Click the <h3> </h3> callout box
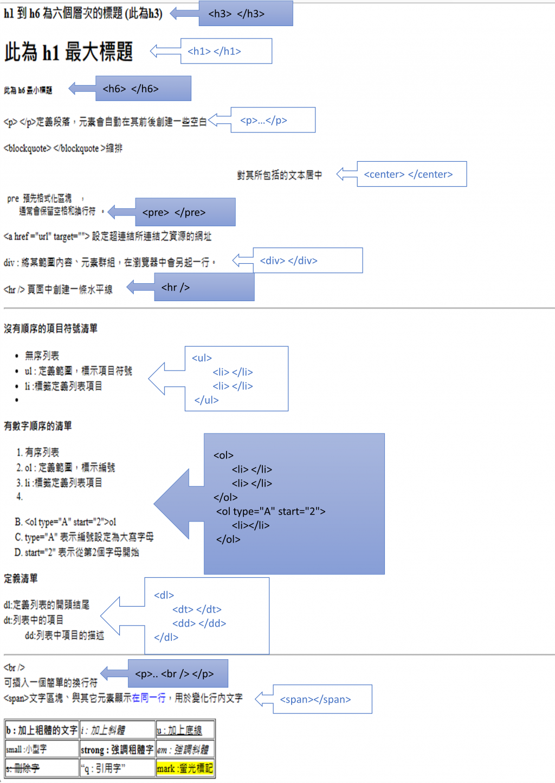[x=246, y=14]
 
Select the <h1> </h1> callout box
[x=226, y=51]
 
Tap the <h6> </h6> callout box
[x=143, y=88]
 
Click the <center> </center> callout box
[x=411, y=174]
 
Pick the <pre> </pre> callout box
[x=185, y=212]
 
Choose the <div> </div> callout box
[x=307, y=260]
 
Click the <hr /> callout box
[x=204, y=287]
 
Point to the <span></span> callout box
[x=322, y=699]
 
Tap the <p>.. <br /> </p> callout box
[x=178, y=674]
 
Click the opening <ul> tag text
[x=202, y=358]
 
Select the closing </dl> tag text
[x=166, y=637]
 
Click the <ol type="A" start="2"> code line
[x=270, y=511]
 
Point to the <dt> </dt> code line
[x=197, y=609]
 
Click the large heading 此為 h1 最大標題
[x=69, y=52]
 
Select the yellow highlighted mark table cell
[x=185, y=768]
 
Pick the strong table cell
[x=117, y=750]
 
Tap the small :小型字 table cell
[x=42, y=749]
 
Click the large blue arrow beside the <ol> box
[x=173, y=504]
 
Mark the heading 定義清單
[x=21, y=578]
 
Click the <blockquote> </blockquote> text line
[x=63, y=148]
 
